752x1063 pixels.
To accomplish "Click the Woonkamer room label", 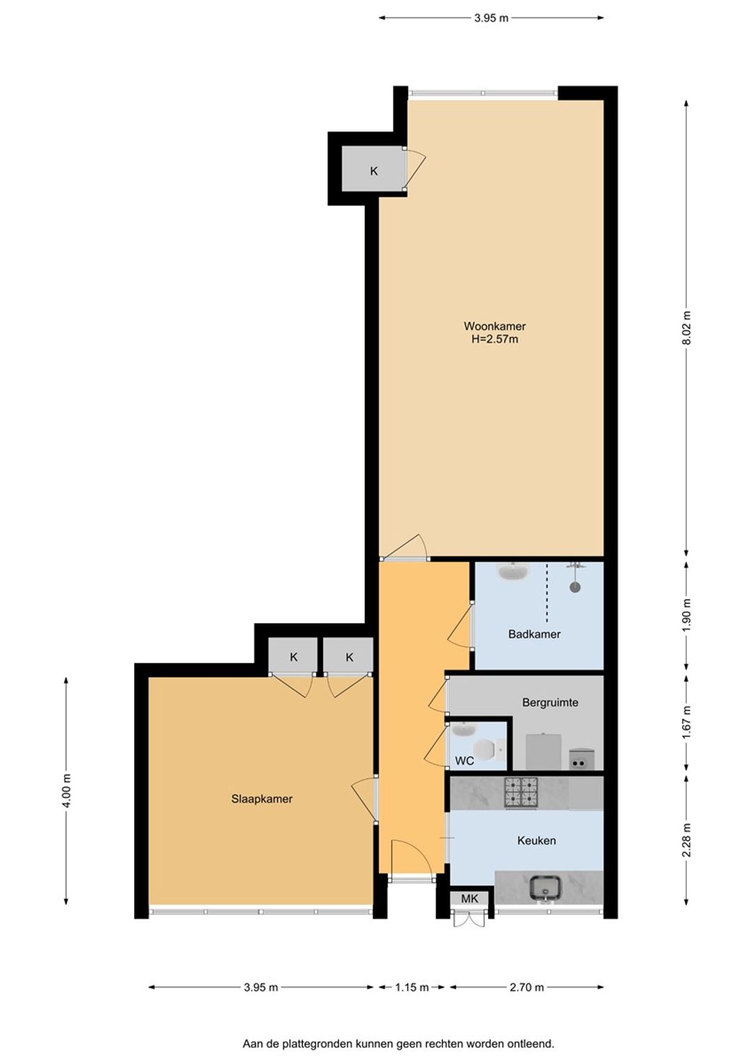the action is click(494, 326).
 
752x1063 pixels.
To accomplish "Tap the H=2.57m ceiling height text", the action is click(494, 339).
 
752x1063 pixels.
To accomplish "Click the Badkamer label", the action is click(534, 634).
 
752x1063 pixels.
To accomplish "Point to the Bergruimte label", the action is click(550, 703).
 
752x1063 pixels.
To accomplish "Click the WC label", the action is click(464, 761).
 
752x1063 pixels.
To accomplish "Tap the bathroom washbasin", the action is click(514, 571).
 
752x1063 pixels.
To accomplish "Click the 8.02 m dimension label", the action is click(685, 328).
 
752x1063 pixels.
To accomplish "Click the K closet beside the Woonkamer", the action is click(374, 171).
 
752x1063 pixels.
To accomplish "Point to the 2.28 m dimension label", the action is click(685, 840).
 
